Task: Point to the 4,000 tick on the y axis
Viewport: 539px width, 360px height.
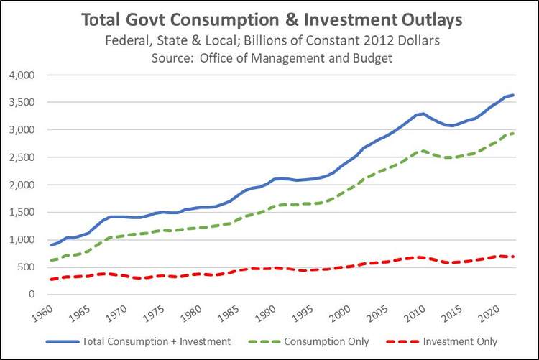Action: [24, 75]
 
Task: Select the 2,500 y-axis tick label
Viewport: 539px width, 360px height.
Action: [24, 157]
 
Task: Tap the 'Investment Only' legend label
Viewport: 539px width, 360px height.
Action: [461, 341]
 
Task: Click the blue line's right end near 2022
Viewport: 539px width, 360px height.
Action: [513, 95]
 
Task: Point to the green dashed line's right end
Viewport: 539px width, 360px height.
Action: [513, 134]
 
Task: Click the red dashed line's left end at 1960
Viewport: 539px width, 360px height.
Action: [51, 279]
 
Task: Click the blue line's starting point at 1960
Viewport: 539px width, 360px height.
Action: [51, 245]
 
